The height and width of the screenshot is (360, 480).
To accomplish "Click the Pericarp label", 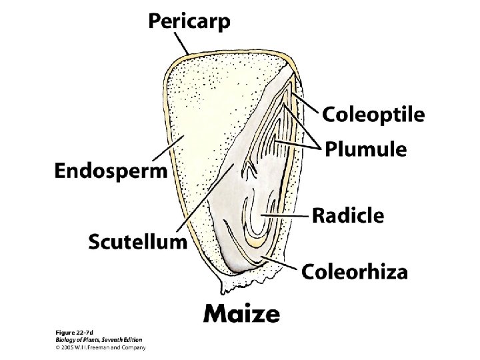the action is (189, 21).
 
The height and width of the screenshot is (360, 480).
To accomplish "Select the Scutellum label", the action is (138, 241).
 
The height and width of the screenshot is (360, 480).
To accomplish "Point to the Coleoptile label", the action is (373, 115).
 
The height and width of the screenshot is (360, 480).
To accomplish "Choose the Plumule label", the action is (365, 149).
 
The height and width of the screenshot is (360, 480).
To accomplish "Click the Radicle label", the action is (348, 215).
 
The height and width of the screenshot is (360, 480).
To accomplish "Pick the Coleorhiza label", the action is (355, 271).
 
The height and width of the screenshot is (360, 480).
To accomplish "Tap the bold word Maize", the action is (241, 313).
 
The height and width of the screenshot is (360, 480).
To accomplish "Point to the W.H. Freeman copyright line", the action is (99, 347).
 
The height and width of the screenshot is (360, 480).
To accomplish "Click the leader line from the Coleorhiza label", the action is (281, 261).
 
